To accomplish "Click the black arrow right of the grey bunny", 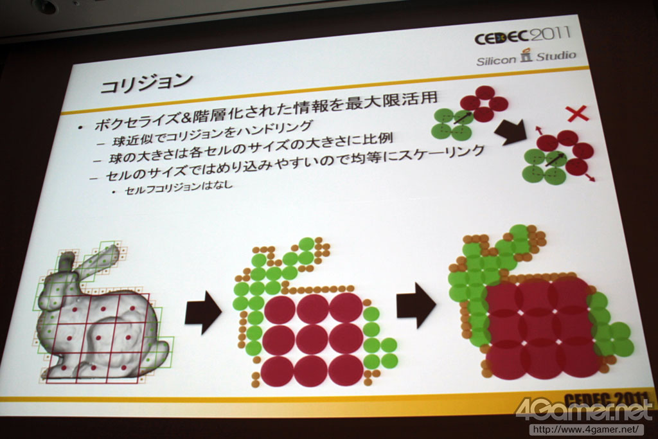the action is (x=203, y=314).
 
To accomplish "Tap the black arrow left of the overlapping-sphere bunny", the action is (x=416, y=305).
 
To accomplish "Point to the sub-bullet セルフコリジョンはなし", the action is (x=179, y=187).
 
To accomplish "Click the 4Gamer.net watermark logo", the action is (x=585, y=409).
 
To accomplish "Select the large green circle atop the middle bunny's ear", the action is (x=307, y=245).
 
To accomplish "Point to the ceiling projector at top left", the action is (x=45, y=6).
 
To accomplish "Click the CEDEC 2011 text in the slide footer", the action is (x=604, y=399).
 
